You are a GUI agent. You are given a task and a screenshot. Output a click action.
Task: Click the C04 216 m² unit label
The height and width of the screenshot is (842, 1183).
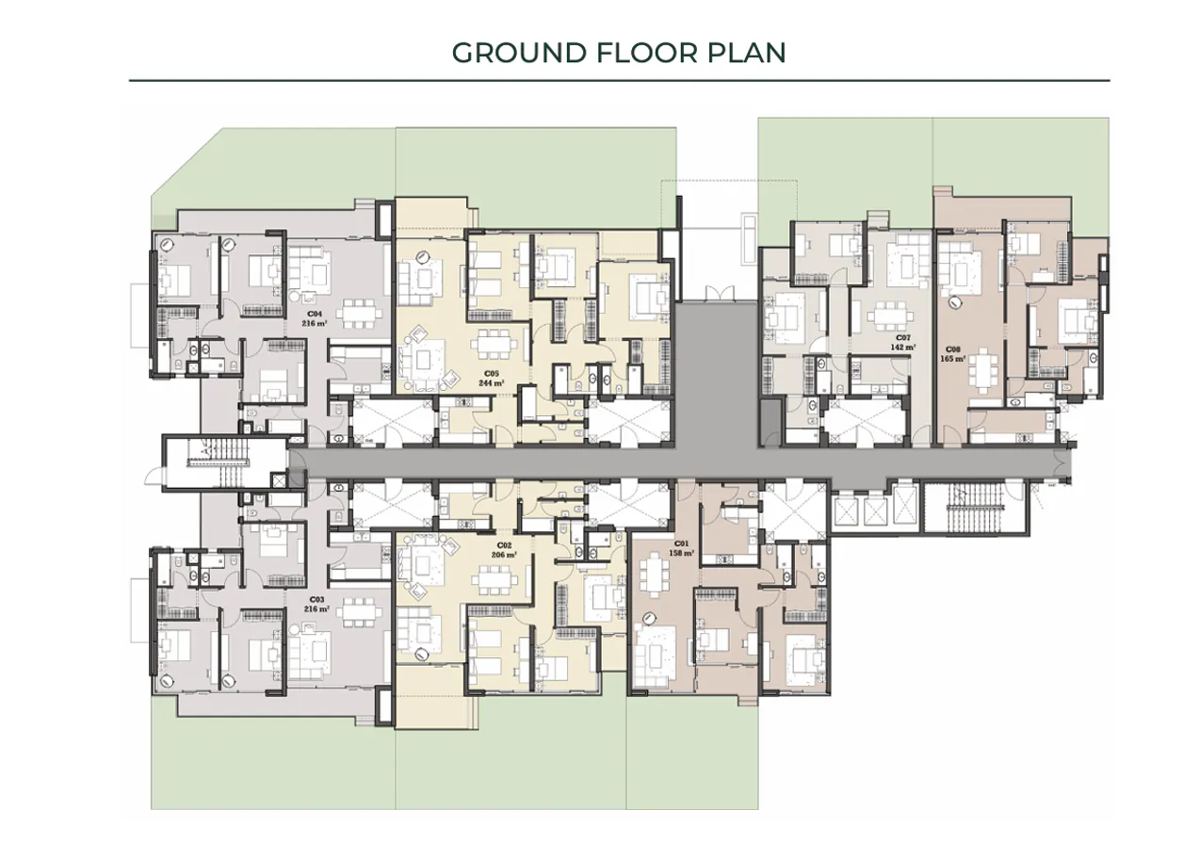pos(314,317)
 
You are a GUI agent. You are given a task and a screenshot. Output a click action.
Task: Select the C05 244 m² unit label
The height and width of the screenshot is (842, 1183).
pos(491,380)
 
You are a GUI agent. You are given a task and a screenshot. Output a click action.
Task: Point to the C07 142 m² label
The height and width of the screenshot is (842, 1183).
pos(902,343)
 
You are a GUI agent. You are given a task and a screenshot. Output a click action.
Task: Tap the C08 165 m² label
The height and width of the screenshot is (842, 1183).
pos(953,354)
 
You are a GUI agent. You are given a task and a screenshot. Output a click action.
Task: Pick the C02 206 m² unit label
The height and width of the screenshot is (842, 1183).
pos(504,551)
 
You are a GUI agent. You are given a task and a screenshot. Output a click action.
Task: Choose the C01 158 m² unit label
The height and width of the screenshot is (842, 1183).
pos(681,548)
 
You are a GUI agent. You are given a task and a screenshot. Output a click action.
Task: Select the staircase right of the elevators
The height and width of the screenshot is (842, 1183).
pos(969,508)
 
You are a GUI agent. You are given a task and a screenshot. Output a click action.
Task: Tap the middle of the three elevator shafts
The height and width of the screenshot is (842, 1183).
pos(875,509)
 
